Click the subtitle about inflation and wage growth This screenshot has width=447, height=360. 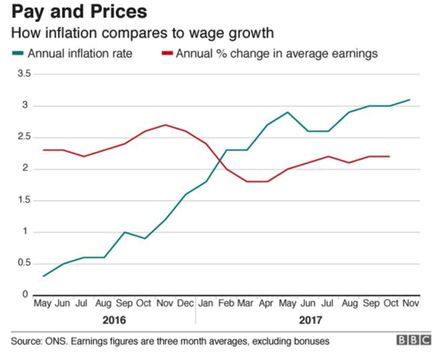(143, 33)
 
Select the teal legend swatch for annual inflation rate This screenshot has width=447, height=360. (17, 54)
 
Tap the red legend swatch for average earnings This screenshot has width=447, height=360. (167, 54)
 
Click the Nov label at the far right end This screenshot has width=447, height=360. (410, 303)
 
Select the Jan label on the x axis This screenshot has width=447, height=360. (206, 303)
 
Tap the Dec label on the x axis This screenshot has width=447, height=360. (186, 303)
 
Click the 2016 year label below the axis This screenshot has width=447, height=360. (114, 321)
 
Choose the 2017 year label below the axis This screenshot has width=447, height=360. (311, 321)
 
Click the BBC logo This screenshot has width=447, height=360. (413, 340)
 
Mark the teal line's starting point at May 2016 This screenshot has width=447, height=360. (43, 276)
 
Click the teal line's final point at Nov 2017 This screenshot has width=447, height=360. (410, 100)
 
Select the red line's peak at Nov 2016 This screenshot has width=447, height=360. (165, 125)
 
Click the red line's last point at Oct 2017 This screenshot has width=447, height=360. (389, 157)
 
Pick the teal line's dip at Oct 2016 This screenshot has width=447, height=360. (145, 238)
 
